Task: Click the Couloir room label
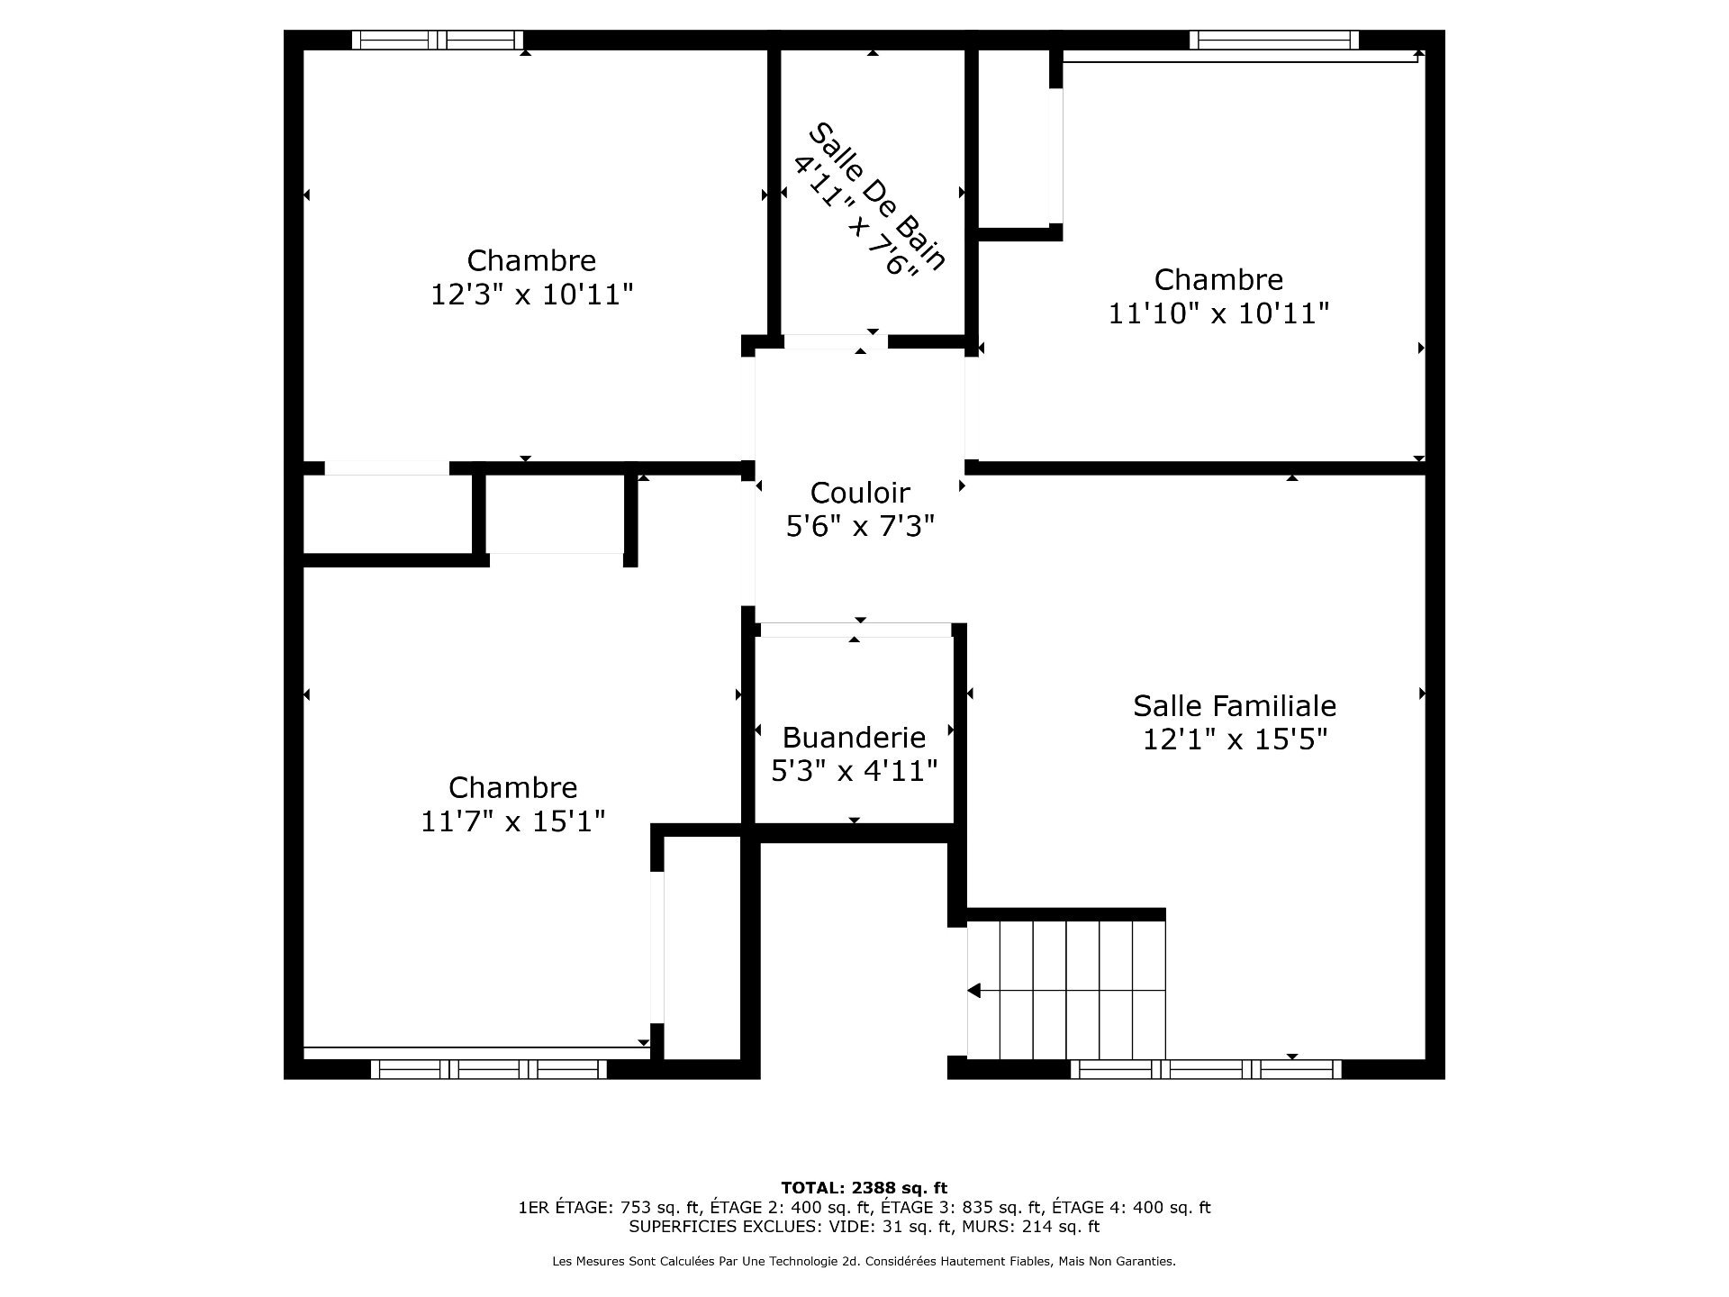860,493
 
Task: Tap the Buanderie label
854,738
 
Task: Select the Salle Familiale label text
1235,705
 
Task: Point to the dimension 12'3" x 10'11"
531,295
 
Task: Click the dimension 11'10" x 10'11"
1218,313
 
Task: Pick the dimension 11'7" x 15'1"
512,821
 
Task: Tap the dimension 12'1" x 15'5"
1235,739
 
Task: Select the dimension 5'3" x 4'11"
854,771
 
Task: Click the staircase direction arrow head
973,991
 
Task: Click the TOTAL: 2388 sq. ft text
864,1188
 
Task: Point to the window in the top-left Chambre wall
437,40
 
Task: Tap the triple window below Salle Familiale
1206,1069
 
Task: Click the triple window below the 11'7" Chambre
488,1069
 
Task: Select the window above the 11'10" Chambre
1273,40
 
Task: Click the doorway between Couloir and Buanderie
855,630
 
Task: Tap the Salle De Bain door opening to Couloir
835,341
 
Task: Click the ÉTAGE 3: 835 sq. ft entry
960,1208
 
